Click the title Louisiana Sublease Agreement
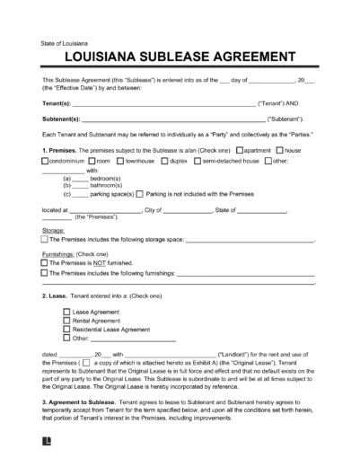click(x=180, y=57)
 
